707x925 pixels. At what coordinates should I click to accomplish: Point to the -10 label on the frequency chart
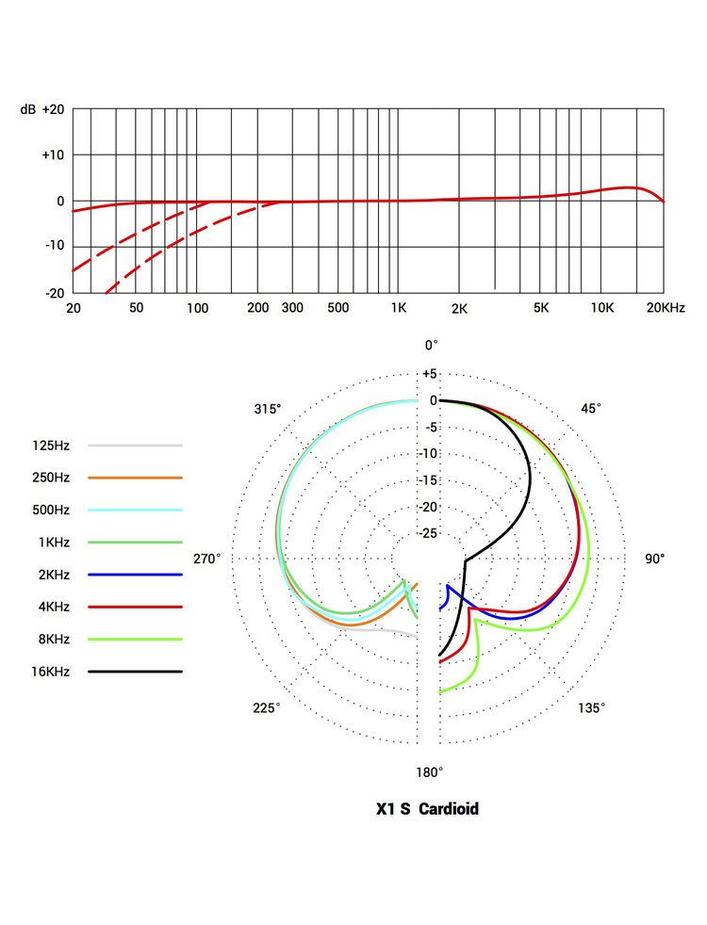52,245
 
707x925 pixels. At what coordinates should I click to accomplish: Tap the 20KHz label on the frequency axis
666,308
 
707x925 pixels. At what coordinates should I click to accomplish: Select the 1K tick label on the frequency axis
398,308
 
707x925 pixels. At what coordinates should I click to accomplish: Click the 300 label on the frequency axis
291,308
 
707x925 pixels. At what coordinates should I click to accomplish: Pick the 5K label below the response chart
540,308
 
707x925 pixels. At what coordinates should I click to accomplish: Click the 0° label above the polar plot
431,346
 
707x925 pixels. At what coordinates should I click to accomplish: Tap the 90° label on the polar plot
654,559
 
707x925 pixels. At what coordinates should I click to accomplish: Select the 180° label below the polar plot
429,772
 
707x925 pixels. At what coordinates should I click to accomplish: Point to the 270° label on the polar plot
207,559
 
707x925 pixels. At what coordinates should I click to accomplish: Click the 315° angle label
268,409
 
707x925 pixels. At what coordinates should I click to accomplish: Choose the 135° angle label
591,708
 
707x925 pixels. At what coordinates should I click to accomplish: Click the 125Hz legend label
50,445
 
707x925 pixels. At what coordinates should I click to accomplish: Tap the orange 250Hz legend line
135,478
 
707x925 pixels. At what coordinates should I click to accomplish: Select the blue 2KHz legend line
135,575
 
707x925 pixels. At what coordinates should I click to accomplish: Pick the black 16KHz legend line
135,672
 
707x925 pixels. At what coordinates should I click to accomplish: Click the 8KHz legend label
51,639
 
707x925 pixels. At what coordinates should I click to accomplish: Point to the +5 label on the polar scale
430,373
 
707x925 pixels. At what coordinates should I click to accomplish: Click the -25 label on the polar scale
430,534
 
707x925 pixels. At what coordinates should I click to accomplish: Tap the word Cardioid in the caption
449,809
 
